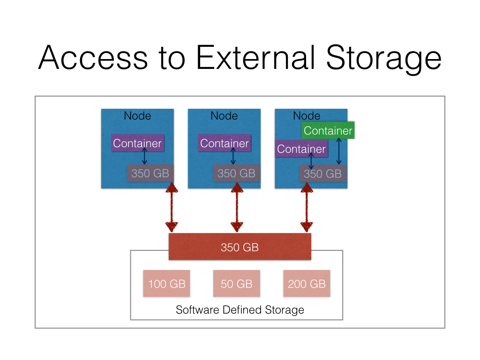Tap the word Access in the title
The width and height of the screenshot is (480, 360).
pos(93,58)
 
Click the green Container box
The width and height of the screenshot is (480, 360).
pos(328,130)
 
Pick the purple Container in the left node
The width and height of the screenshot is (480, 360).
pos(137,143)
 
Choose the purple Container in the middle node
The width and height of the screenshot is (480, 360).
pos(225,143)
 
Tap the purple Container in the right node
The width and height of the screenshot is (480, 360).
pos(301,149)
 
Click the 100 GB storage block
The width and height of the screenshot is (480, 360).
pos(167,284)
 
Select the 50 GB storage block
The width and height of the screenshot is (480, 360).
pos(237,284)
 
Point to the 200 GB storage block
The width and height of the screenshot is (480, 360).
pos(307,284)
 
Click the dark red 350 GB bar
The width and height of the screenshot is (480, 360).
pos(240,247)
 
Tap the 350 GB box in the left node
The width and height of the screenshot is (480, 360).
pos(150,173)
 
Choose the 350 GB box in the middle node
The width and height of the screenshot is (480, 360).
pos(236,173)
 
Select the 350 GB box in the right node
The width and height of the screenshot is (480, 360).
pos(323,173)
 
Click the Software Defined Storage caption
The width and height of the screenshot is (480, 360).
pos(240,310)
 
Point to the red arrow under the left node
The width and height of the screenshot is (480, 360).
pos(172,208)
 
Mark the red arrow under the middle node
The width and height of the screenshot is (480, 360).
pos(237,208)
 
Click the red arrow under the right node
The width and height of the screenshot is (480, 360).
pos(307,208)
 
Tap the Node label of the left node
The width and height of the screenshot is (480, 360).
pos(137,115)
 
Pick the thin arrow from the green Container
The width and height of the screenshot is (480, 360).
pos(338,151)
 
